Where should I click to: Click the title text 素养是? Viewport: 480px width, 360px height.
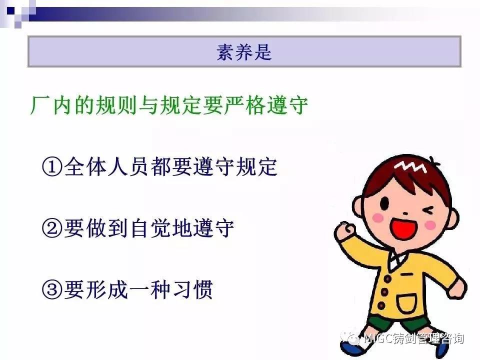244,52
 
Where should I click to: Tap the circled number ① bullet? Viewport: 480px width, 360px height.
52,167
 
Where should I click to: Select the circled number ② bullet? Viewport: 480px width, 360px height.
52,228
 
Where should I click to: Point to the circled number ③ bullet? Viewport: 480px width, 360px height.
52,289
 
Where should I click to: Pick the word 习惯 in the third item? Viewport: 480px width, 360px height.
193,289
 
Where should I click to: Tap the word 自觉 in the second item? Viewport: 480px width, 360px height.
150,228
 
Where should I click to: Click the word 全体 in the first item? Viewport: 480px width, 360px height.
85,167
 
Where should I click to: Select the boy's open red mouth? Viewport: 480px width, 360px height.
404,228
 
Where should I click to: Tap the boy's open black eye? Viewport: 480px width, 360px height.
384,203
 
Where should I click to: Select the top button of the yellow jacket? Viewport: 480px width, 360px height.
387,278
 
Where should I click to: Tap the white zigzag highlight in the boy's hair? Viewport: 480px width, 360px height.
410,167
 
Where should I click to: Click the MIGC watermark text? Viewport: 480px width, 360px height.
413,338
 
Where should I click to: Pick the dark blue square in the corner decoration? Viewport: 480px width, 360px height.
10,11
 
